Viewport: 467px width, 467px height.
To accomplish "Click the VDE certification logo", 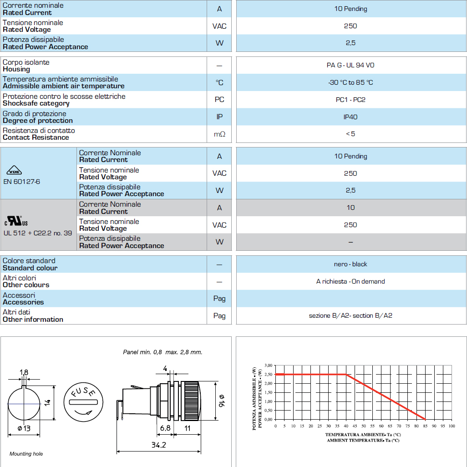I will tap(14, 171).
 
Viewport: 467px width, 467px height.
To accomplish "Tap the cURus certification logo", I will tap(16, 221).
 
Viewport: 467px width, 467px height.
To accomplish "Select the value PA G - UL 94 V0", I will tap(350, 65).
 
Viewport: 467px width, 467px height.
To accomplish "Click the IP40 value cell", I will tap(350, 117).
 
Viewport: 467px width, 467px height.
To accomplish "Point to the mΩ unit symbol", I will tap(219, 134).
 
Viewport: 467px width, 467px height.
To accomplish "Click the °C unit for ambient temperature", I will tap(219, 82).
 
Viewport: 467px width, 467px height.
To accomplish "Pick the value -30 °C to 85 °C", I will tap(350, 82).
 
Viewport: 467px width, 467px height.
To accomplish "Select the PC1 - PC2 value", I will tap(350, 100).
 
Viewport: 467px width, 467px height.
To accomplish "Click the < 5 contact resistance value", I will tap(350, 134).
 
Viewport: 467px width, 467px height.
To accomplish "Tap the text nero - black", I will tap(350, 264).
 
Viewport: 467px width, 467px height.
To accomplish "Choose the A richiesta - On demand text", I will tap(350, 281).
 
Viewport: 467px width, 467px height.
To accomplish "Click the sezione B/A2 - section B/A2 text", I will tap(350, 315).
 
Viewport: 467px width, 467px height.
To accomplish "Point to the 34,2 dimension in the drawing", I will tap(158, 445).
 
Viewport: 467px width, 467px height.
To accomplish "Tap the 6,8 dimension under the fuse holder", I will tap(165, 428).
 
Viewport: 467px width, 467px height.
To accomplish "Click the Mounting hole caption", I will tap(26, 454).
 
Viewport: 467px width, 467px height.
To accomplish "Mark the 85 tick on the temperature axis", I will tap(425, 426).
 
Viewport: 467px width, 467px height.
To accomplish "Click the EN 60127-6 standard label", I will tap(21, 181).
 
